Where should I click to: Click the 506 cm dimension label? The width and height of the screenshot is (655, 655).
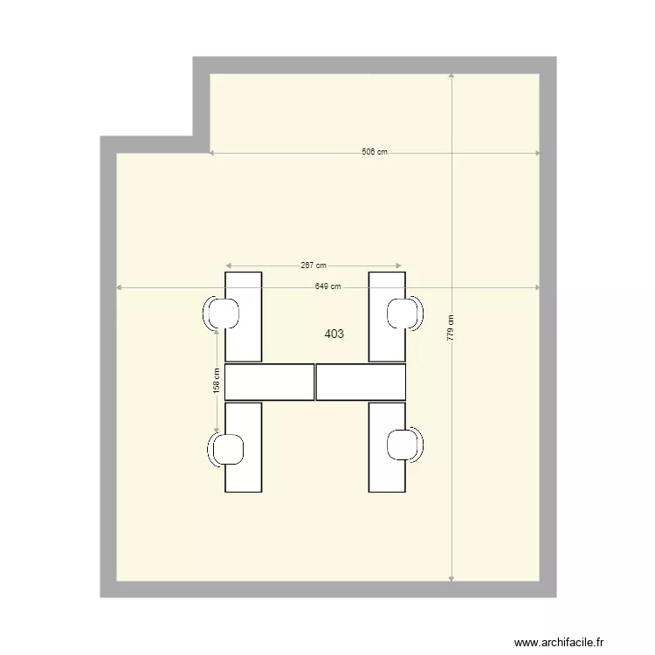tap(375, 152)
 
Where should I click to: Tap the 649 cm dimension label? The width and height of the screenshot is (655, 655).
tap(327, 287)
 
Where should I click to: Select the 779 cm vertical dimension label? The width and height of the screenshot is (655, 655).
tap(451, 327)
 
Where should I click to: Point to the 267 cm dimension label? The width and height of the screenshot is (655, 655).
tap(314, 265)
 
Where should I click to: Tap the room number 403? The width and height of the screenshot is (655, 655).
tap(334, 334)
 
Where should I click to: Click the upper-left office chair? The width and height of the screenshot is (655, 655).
tap(224, 314)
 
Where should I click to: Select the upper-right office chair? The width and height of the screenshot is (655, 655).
tap(404, 314)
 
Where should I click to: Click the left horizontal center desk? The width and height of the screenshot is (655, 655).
tap(269, 382)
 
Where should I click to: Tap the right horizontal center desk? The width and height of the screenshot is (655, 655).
tap(361, 382)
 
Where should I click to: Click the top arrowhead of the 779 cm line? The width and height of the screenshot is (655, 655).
tap(451, 77)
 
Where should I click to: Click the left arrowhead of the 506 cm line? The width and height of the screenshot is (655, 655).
tap(212, 153)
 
